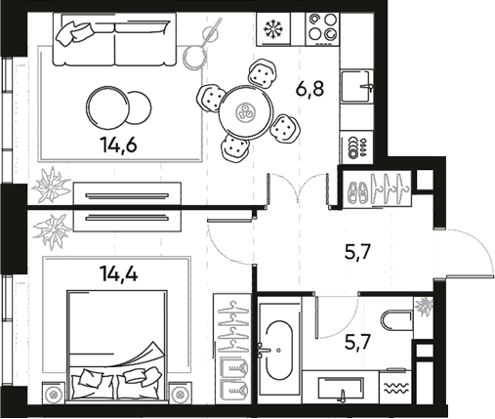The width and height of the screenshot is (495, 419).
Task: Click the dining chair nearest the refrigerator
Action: tap(261, 73)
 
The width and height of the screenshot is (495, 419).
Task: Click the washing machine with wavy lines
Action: tap(398, 390)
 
